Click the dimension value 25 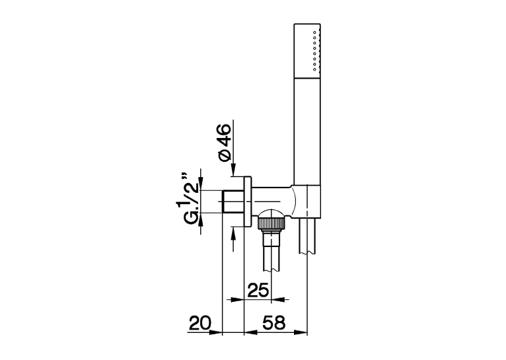tap(258, 290)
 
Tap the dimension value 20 tap(199, 322)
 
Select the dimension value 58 tap(274, 322)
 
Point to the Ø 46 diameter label tap(225, 142)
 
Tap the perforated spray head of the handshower tap(307, 51)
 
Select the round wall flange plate tap(248, 202)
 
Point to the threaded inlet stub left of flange tap(233, 201)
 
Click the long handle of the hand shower tap(307, 131)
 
